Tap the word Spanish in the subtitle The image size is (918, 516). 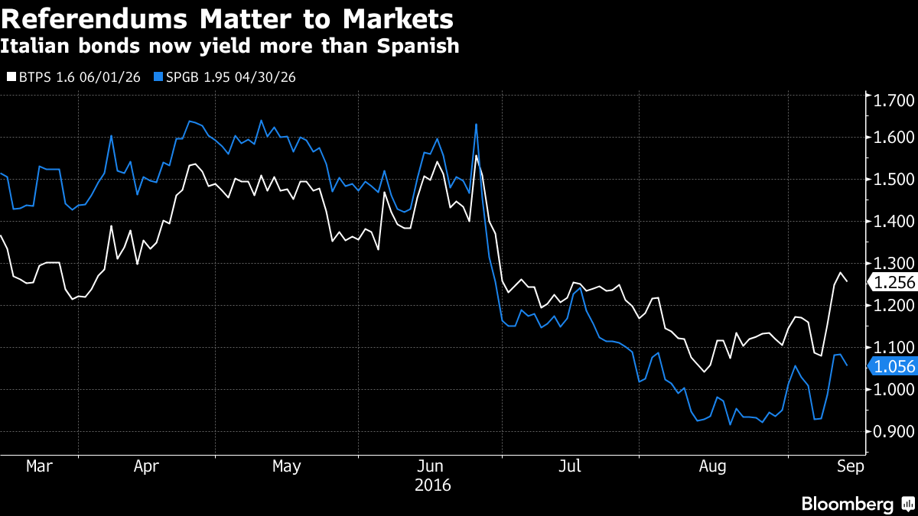[x=418, y=46]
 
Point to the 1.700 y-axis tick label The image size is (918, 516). [x=894, y=100]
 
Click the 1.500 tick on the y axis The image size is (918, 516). [x=894, y=180]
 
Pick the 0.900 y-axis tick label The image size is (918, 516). [x=894, y=432]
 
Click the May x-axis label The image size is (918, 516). [x=286, y=466]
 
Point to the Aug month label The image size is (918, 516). [x=713, y=466]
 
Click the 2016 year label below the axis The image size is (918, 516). [x=432, y=485]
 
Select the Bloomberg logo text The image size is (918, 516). [x=847, y=505]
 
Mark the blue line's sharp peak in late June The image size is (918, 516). [x=477, y=124]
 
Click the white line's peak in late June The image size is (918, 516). [x=477, y=156]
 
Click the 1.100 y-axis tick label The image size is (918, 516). [x=894, y=348]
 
